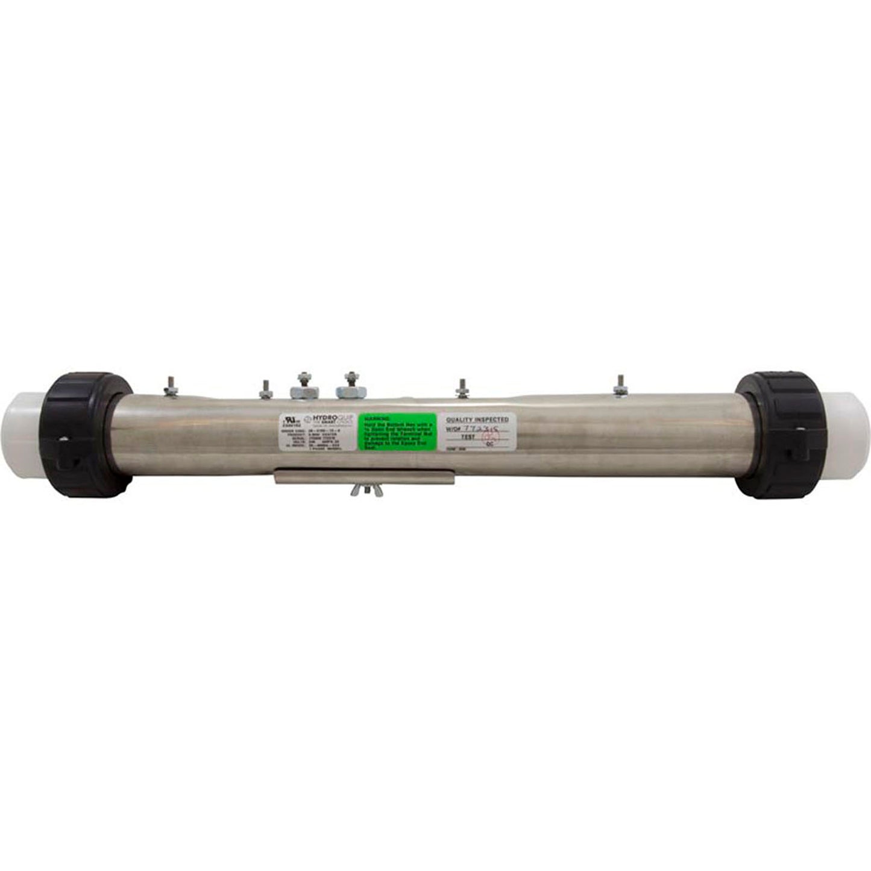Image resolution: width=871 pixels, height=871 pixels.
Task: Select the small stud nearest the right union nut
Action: (x=620, y=386)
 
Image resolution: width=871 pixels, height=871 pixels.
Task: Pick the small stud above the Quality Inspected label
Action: (x=462, y=388)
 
